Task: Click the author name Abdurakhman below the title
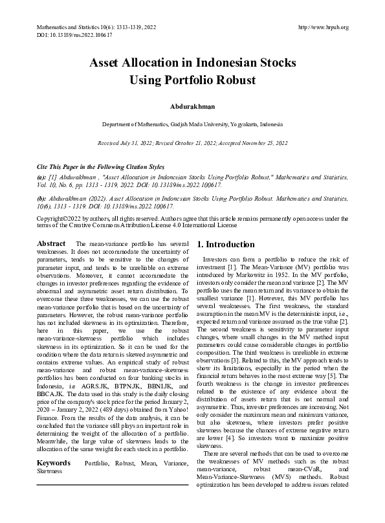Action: (192, 106)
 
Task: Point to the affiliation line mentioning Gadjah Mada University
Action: (192, 124)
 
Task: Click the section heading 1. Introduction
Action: (226, 245)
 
